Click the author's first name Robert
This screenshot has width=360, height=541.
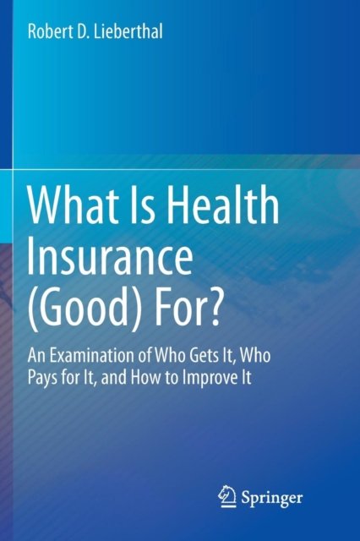coord(47,31)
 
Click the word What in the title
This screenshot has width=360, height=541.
coord(70,205)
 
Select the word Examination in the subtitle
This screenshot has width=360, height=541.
coord(92,355)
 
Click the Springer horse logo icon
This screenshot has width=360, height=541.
coord(227,496)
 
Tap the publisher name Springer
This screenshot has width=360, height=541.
coord(272,499)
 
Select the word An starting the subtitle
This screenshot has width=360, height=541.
coord(36,356)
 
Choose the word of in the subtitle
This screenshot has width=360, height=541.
coord(145,355)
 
